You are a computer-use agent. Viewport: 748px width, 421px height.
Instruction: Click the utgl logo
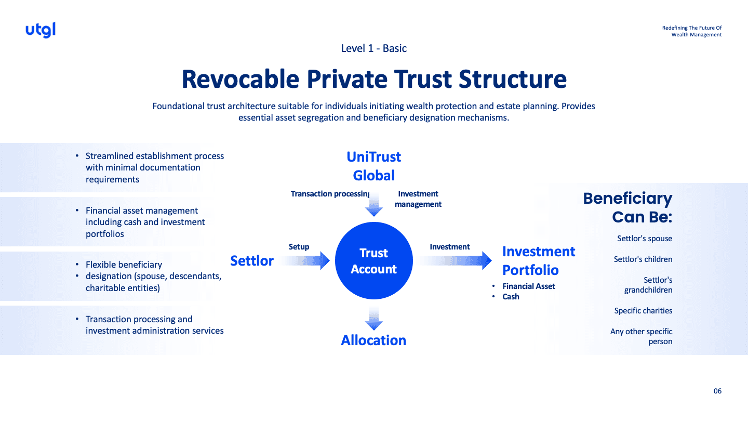(x=41, y=30)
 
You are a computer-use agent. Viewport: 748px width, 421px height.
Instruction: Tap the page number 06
(x=717, y=391)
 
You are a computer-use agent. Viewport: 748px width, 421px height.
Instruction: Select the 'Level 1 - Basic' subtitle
(x=374, y=48)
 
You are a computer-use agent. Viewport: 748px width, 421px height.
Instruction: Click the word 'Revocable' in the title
(x=240, y=79)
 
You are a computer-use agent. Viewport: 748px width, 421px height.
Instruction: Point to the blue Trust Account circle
(x=374, y=261)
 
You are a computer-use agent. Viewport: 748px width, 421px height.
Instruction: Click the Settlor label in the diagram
(x=252, y=260)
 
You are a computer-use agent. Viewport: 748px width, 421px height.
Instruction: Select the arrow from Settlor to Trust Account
(x=306, y=260)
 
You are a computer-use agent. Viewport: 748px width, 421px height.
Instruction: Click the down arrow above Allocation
(x=374, y=318)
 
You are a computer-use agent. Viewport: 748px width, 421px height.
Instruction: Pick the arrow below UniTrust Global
(x=374, y=204)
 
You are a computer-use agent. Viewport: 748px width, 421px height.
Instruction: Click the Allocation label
(x=373, y=340)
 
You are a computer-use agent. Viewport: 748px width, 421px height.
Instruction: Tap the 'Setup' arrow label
(x=299, y=247)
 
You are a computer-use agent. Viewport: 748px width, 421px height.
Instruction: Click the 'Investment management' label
(x=418, y=199)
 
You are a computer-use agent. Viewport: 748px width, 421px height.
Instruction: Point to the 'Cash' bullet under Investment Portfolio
(x=511, y=297)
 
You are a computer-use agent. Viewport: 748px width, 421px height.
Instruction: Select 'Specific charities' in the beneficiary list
(x=643, y=311)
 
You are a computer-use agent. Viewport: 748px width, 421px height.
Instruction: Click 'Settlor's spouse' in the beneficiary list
(x=645, y=239)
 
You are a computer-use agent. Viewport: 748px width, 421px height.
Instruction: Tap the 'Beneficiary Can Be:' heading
(x=627, y=207)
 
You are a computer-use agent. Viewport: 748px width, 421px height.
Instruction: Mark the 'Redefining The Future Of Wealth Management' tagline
(x=692, y=31)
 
